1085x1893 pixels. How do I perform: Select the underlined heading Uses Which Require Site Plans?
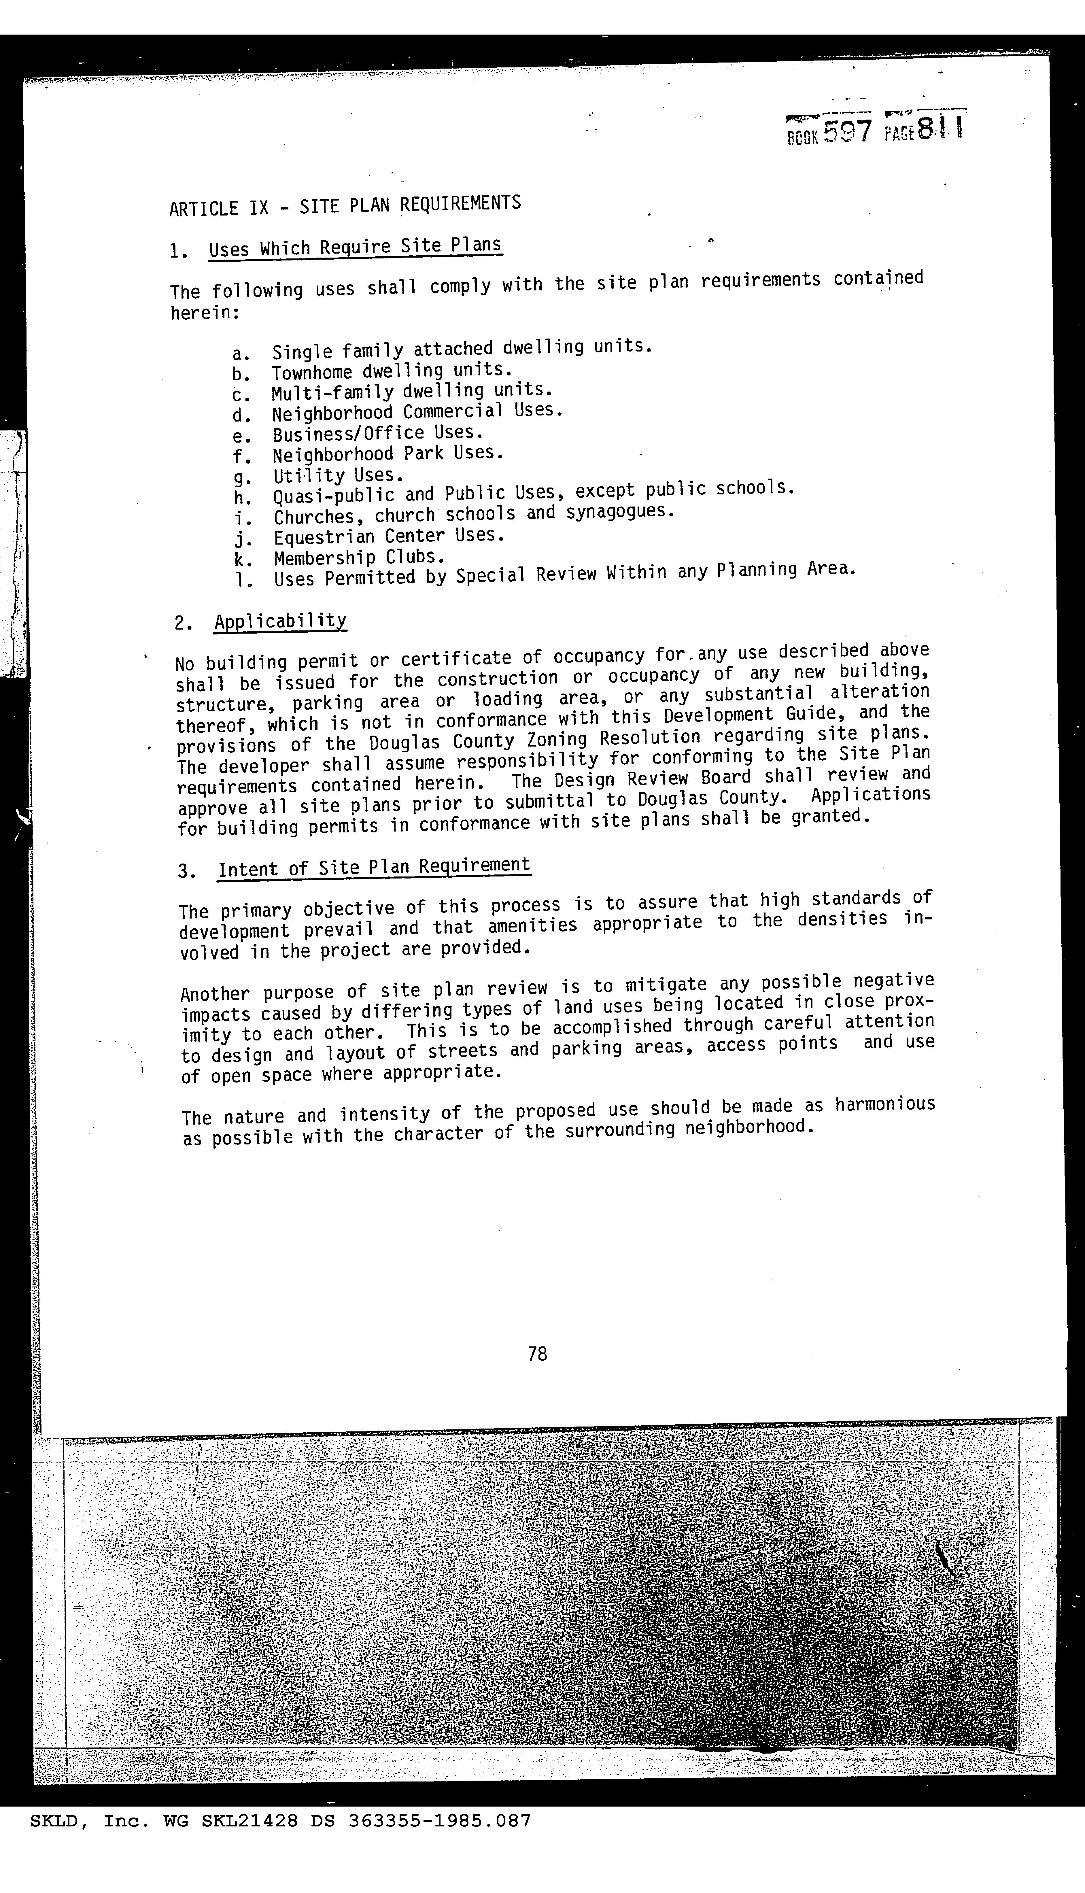coord(355,247)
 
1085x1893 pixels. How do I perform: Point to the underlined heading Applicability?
coord(280,621)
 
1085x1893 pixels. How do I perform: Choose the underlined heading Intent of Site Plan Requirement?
coord(374,867)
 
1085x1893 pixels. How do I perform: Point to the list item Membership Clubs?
coord(359,557)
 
